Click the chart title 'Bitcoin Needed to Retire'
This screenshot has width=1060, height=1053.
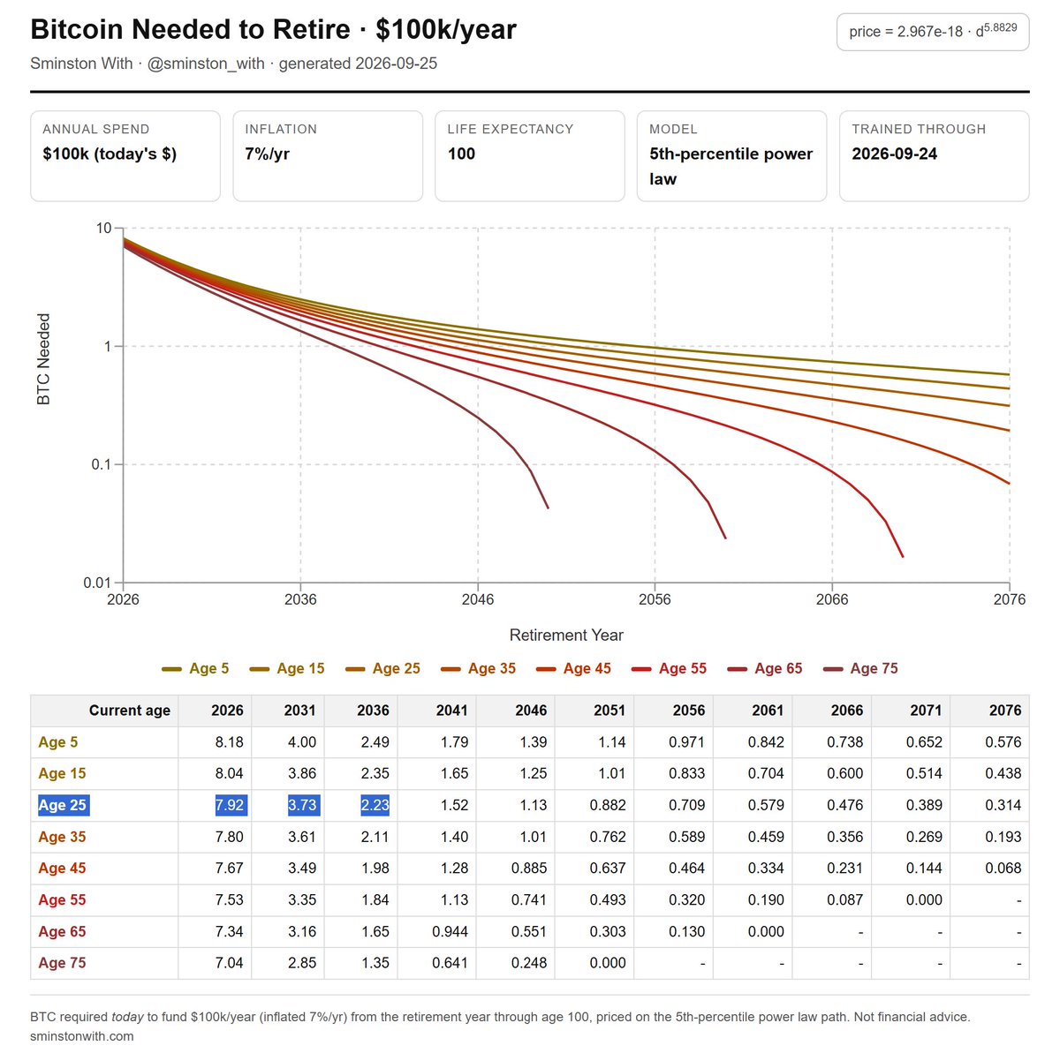pyautogui.click(x=190, y=29)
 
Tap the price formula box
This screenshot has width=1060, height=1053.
pyautogui.click(x=933, y=32)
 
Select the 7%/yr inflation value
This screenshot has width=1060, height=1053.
pyautogui.click(x=267, y=154)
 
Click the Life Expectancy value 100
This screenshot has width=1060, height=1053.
pyautogui.click(x=461, y=154)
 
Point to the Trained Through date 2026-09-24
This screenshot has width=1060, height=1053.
pyautogui.click(x=894, y=154)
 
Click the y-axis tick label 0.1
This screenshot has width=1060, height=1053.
pyautogui.click(x=102, y=464)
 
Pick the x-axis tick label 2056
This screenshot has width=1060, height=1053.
pyautogui.click(x=655, y=598)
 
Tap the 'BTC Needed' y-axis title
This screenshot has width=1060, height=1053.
pyautogui.click(x=43, y=359)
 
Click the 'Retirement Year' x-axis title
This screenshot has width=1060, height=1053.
pyautogui.click(x=566, y=636)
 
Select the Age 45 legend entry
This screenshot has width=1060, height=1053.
pyautogui.click(x=573, y=668)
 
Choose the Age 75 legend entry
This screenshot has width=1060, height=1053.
pyautogui.click(x=860, y=668)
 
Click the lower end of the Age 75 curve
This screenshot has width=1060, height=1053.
pyautogui.click(x=548, y=508)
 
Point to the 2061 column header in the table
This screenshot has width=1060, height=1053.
pyautogui.click(x=768, y=710)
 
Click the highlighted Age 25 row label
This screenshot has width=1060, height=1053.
pyautogui.click(x=62, y=805)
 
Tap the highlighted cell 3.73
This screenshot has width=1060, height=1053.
pyautogui.click(x=303, y=805)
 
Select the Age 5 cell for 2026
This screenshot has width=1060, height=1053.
pyautogui.click(x=230, y=741)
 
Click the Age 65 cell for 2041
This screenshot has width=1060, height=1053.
pyautogui.click(x=450, y=931)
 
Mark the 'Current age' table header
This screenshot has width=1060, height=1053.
pyautogui.click(x=130, y=711)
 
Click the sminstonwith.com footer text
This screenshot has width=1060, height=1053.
pyautogui.click(x=82, y=1036)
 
